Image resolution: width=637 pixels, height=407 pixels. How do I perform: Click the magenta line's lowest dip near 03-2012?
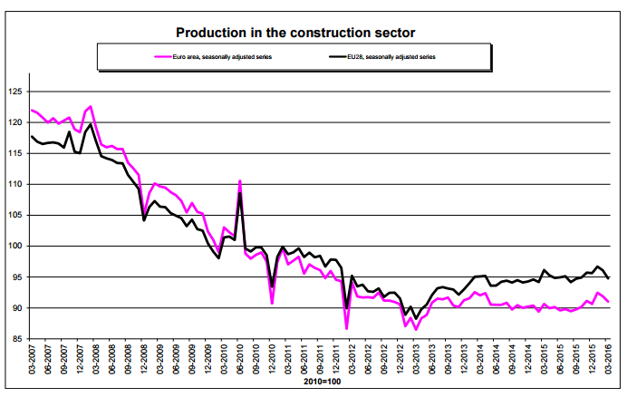347,327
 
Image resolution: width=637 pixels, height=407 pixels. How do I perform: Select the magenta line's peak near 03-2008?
91,106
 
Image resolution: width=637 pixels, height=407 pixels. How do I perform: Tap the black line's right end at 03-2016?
608,277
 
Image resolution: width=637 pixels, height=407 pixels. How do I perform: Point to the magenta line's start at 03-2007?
33,110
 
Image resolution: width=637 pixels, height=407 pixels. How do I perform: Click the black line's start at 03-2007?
33,136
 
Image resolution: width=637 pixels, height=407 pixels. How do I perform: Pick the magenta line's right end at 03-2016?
608,302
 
